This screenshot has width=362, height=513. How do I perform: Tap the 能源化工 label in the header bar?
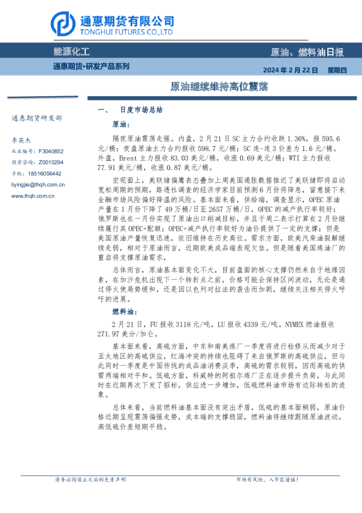(x=72, y=53)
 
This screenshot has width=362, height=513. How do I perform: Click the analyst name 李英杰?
(x=23, y=140)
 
